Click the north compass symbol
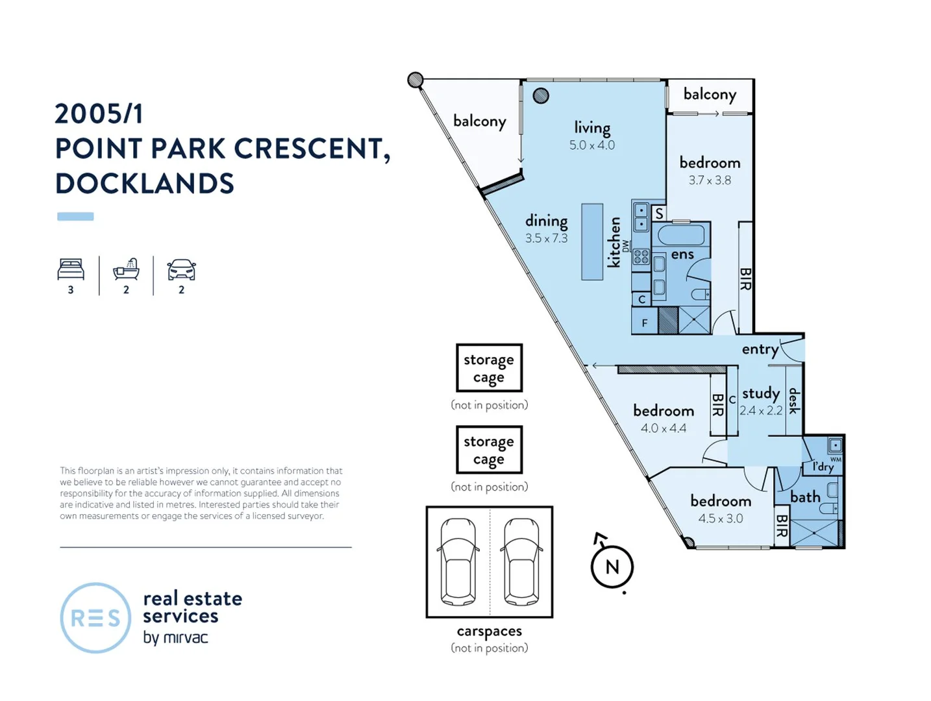coord(612,567)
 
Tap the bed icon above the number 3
coord(71,269)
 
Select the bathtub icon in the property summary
coord(126,269)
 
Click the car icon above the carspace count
coord(181,269)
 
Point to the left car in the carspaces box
coord(458,561)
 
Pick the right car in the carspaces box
coord(521,561)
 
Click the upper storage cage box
coord(489,368)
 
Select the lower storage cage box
coord(489,450)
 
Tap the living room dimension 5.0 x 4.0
coord(592,145)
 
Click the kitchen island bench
coord(592,242)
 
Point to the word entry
coord(760,350)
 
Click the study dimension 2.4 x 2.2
coord(761,411)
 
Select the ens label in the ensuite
coord(682,255)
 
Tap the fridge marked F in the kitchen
coord(645,323)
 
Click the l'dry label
coord(823,467)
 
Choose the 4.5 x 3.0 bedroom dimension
coord(721,519)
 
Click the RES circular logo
coord(95,618)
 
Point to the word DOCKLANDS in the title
coord(144,184)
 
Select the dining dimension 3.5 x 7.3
coord(546,238)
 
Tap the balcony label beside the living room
coord(479,121)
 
